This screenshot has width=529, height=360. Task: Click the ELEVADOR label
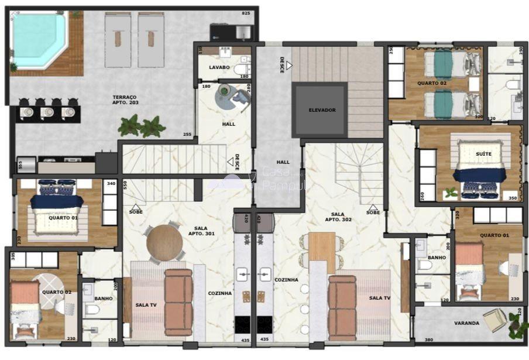tap(322, 110)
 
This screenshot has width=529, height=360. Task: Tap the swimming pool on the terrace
tap(38, 39)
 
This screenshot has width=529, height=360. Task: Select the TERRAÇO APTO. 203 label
tap(124, 100)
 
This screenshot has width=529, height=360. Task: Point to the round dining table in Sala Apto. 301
tap(164, 243)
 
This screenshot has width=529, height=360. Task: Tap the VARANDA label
tap(466, 323)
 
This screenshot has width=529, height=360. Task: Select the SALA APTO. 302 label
tap(337, 217)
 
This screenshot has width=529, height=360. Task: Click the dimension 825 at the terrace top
tap(246, 13)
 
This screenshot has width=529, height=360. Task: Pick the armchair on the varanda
tap(494, 319)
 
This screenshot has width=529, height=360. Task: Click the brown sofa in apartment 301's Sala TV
tap(178, 302)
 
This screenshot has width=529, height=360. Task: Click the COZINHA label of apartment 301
tap(220, 293)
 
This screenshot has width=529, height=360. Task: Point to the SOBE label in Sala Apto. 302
tap(373, 212)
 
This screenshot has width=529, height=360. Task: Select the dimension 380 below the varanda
tap(429, 340)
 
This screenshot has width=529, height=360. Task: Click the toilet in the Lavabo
tap(242, 70)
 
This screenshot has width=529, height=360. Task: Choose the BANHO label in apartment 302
tap(437, 258)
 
